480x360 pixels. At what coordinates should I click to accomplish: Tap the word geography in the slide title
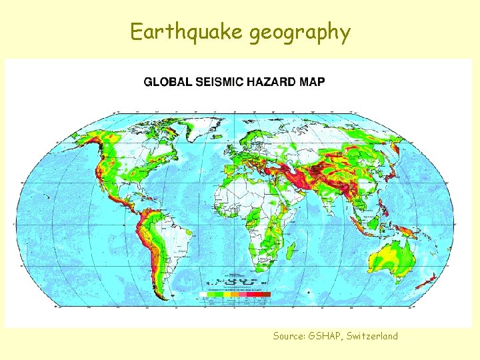pyautogui.click(x=300, y=32)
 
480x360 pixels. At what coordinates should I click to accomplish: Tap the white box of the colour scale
pyautogui.click(x=203, y=294)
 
